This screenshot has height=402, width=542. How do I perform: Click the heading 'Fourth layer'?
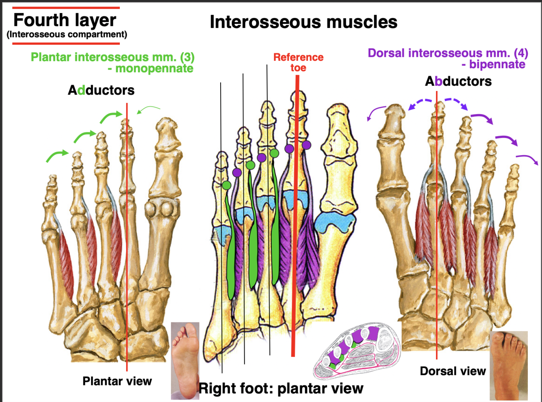point(65,20)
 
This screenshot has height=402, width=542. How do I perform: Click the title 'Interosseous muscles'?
point(303,22)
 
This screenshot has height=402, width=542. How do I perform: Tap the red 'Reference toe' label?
point(298,62)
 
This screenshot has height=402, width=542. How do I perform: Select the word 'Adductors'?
point(101,90)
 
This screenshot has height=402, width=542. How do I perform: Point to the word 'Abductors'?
point(458,81)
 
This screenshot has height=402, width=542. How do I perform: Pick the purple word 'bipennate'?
point(497,64)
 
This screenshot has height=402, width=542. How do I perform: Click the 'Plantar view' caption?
point(117,381)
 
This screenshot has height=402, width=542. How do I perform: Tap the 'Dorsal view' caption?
point(453,371)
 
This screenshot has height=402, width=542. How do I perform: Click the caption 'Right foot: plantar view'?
point(281,388)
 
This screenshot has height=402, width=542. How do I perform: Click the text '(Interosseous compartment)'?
point(67,35)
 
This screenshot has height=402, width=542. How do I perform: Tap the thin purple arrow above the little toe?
point(527,159)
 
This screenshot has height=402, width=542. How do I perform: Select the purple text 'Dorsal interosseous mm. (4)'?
point(448,53)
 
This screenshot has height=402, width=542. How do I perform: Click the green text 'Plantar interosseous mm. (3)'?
point(113,57)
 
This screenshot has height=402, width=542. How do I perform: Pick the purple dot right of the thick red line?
point(306,145)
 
